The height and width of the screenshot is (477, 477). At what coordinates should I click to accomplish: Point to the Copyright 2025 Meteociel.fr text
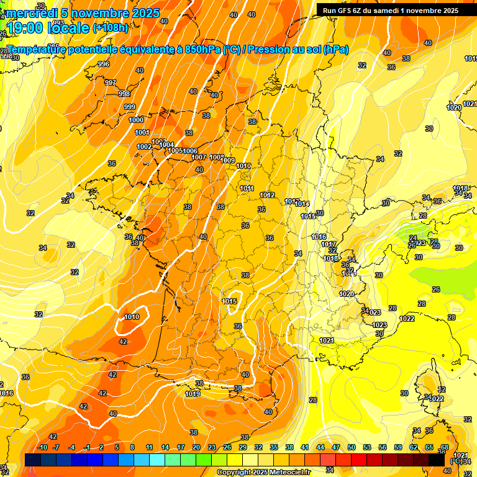263,472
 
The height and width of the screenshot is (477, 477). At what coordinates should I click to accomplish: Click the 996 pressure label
104,64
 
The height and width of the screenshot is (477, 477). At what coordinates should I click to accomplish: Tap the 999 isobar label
130,107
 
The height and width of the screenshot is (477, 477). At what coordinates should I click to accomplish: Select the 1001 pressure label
142,132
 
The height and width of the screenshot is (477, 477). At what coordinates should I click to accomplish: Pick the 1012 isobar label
268,195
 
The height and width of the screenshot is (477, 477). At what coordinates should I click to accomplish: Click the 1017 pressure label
329,243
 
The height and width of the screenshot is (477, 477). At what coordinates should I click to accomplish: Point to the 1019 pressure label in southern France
193,394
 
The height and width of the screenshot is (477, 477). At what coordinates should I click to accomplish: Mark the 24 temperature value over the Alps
413,238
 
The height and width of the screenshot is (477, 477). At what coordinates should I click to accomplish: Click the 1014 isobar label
302,204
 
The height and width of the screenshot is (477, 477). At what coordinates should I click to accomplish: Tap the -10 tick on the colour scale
42,447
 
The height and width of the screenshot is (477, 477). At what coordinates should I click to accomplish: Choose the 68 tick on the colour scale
445,447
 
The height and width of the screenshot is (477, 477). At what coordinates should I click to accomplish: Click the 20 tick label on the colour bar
196,447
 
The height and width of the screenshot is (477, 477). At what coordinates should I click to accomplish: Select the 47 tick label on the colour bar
336,447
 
